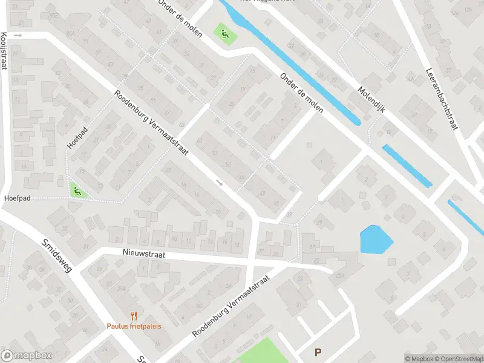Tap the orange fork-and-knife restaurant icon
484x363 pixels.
click(x=134, y=315)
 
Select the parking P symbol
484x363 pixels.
click(x=318, y=352)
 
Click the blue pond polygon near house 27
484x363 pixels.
click(x=375, y=239)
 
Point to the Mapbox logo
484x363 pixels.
click(x=27, y=356)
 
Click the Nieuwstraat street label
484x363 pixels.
click(x=143, y=255)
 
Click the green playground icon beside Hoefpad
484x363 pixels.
click(x=77, y=191)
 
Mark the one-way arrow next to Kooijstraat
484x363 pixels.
click(x=18, y=36)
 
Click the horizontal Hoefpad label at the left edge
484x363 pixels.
click(x=17, y=198)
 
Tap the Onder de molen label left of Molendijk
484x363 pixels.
click(x=302, y=93)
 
